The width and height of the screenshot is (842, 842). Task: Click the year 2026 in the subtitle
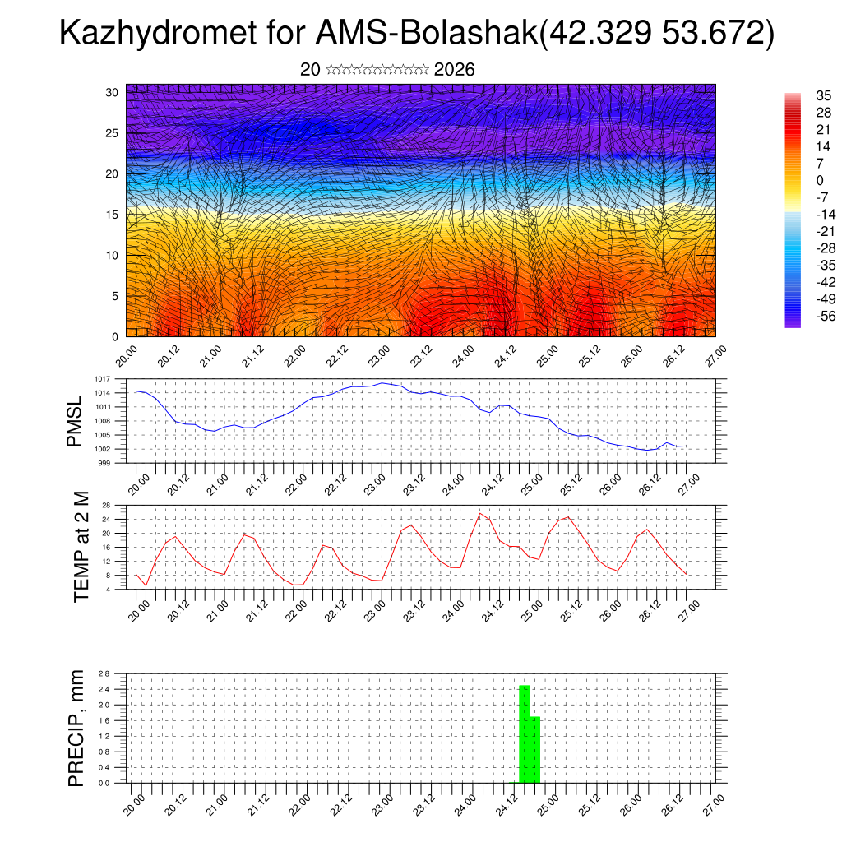[x=454, y=70]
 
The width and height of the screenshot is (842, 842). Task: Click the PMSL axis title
[x=75, y=421]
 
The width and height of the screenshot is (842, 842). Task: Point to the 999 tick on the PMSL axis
[x=105, y=463]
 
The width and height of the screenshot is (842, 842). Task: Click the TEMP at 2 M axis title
[x=81, y=547]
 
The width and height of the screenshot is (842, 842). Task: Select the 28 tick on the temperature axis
[x=106, y=505]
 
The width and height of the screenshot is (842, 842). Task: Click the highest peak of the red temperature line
[x=481, y=513]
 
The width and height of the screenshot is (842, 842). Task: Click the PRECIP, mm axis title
[x=76, y=729]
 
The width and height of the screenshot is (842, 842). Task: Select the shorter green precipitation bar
[x=535, y=749]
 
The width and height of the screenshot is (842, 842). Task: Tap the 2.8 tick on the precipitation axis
[x=104, y=673]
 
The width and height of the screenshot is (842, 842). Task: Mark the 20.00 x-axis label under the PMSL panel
[x=136, y=484]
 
